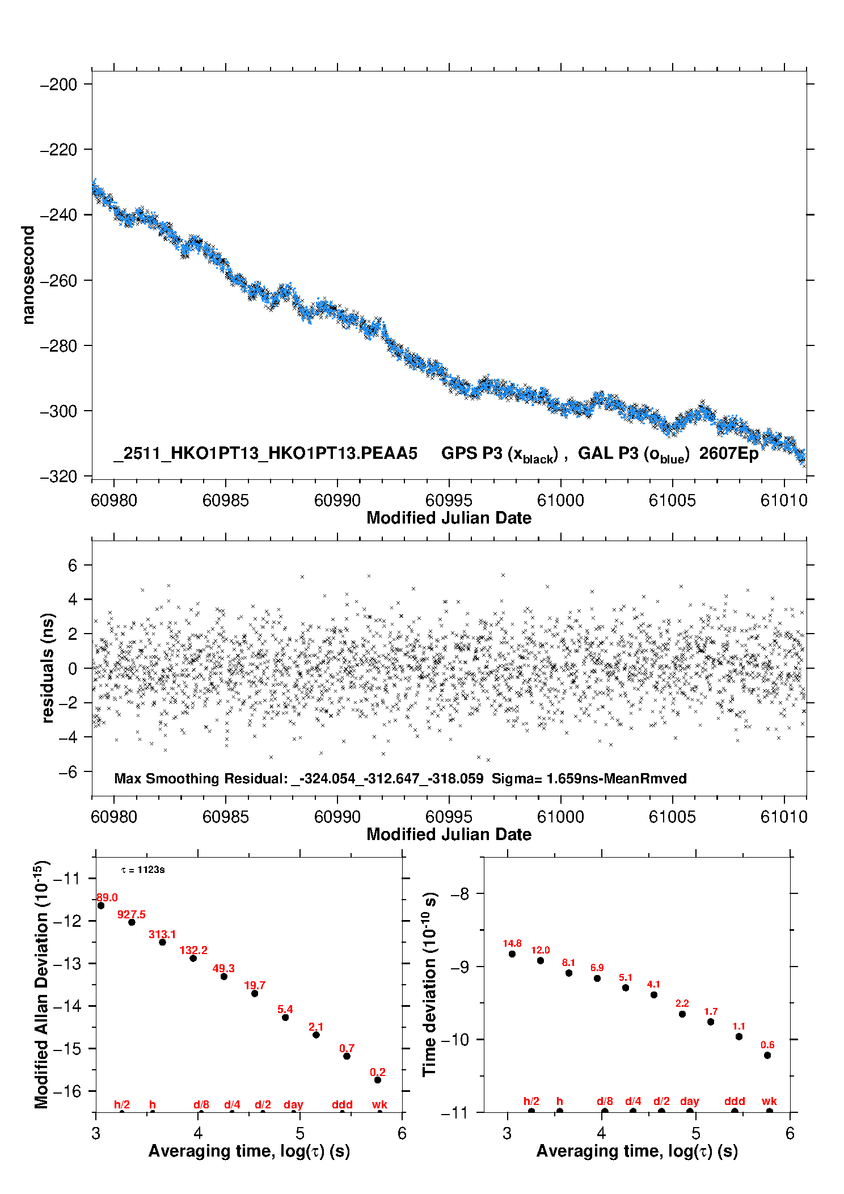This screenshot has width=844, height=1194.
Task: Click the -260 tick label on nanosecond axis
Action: pyautogui.click(x=58, y=281)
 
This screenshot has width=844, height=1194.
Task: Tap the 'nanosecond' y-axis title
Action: pyautogui.click(x=28, y=275)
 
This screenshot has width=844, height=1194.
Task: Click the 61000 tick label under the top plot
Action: pyautogui.click(x=560, y=500)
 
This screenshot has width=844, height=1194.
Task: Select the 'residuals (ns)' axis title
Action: pyautogui.click(x=48, y=668)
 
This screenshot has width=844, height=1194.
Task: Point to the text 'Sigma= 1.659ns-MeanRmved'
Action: pyautogui.click(x=589, y=778)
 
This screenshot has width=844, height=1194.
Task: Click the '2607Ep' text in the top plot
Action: pyautogui.click(x=728, y=453)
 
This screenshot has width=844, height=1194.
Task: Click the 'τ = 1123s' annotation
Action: pyautogui.click(x=143, y=870)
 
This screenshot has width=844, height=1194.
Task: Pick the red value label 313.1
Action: pyautogui.click(x=162, y=934)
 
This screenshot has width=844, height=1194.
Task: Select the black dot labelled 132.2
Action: pyautogui.click(x=193, y=958)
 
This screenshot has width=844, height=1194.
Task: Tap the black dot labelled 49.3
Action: pyautogui.click(x=224, y=976)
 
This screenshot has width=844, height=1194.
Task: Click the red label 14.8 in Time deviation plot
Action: pyautogui.click(x=512, y=943)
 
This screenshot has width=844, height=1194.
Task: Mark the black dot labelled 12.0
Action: pyautogui.click(x=541, y=960)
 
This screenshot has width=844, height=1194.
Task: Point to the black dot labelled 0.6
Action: pyautogui.click(x=767, y=1055)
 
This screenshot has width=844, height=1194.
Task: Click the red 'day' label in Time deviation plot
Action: pyautogui.click(x=690, y=1101)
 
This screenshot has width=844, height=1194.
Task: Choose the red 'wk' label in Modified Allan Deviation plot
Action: pyautogui.click(x=379, y=1104)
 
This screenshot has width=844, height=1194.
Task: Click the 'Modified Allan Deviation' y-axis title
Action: pyautogui.click(x=41, y=984)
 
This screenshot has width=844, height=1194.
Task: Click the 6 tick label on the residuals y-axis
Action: pyautogui.click(x=72, y=565)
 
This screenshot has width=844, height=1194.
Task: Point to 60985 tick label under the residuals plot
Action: pyautogui.click(x=225, y=817)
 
